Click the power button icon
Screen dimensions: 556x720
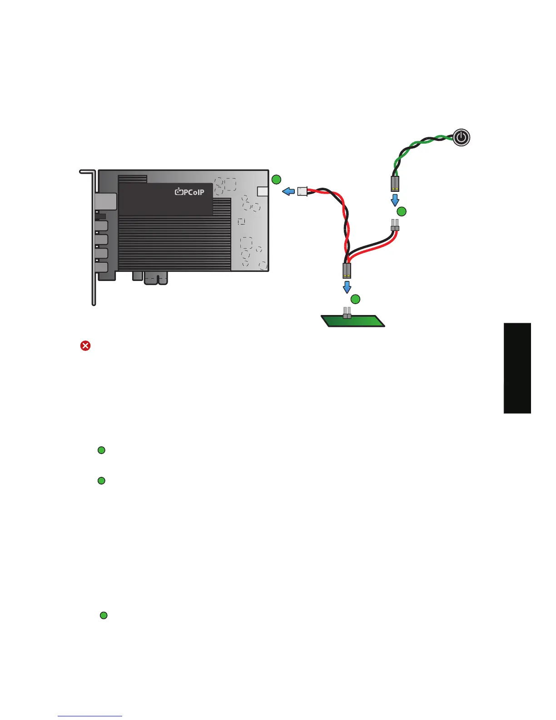pos(461,137)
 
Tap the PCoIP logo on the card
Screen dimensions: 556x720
pos(190,192)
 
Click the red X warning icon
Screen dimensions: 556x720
pos(85,346)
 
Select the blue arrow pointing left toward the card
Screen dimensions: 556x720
pos(288,191)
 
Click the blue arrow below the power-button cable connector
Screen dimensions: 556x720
pos(395,200)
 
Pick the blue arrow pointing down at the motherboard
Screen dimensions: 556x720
pos(347,287)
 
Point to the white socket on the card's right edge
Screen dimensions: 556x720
pos(263,191)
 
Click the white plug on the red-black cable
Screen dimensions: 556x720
pos(303,191)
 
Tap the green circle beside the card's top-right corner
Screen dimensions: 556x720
pos(276,180)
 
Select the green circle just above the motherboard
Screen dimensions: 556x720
pos(356,299)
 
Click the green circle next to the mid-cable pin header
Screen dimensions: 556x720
pos(402,211)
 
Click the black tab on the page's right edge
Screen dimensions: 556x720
pos(517,368)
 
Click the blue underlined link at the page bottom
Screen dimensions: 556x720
pos(90,716)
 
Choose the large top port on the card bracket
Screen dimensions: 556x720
pos(106,201)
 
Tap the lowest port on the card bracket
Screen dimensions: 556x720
pos(102,267)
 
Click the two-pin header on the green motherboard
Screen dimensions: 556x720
pos(347,313)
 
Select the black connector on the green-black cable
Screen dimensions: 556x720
pos(395,184)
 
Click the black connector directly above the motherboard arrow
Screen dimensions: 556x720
pos(347,271)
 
